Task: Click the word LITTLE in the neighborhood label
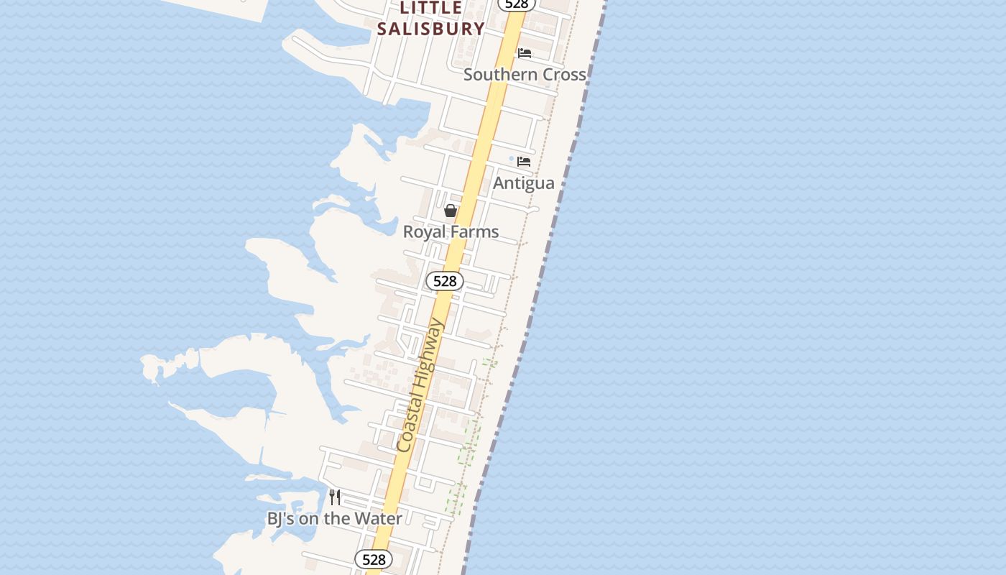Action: coord(431,8)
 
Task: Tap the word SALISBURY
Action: coord(431,29)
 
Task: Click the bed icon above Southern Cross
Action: coord(525,53)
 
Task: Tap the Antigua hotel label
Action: coord(523,183)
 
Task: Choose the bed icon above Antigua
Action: coord(524,162)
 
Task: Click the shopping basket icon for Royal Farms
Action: coord(451,211)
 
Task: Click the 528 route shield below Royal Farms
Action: coord(445,281)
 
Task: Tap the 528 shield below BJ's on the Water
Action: coord(374,559)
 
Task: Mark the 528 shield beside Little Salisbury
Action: coord(516,4)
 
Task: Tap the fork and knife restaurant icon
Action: coord(335,497)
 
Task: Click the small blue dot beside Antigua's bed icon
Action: coord(512,159)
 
